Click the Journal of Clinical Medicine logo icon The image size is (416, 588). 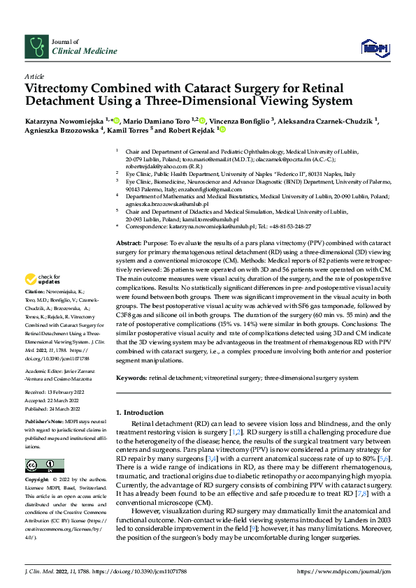35,47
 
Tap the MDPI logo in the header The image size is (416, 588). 371,47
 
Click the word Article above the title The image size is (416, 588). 34,76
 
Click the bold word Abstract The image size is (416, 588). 129,241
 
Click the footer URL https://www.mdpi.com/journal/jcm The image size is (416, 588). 340,571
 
